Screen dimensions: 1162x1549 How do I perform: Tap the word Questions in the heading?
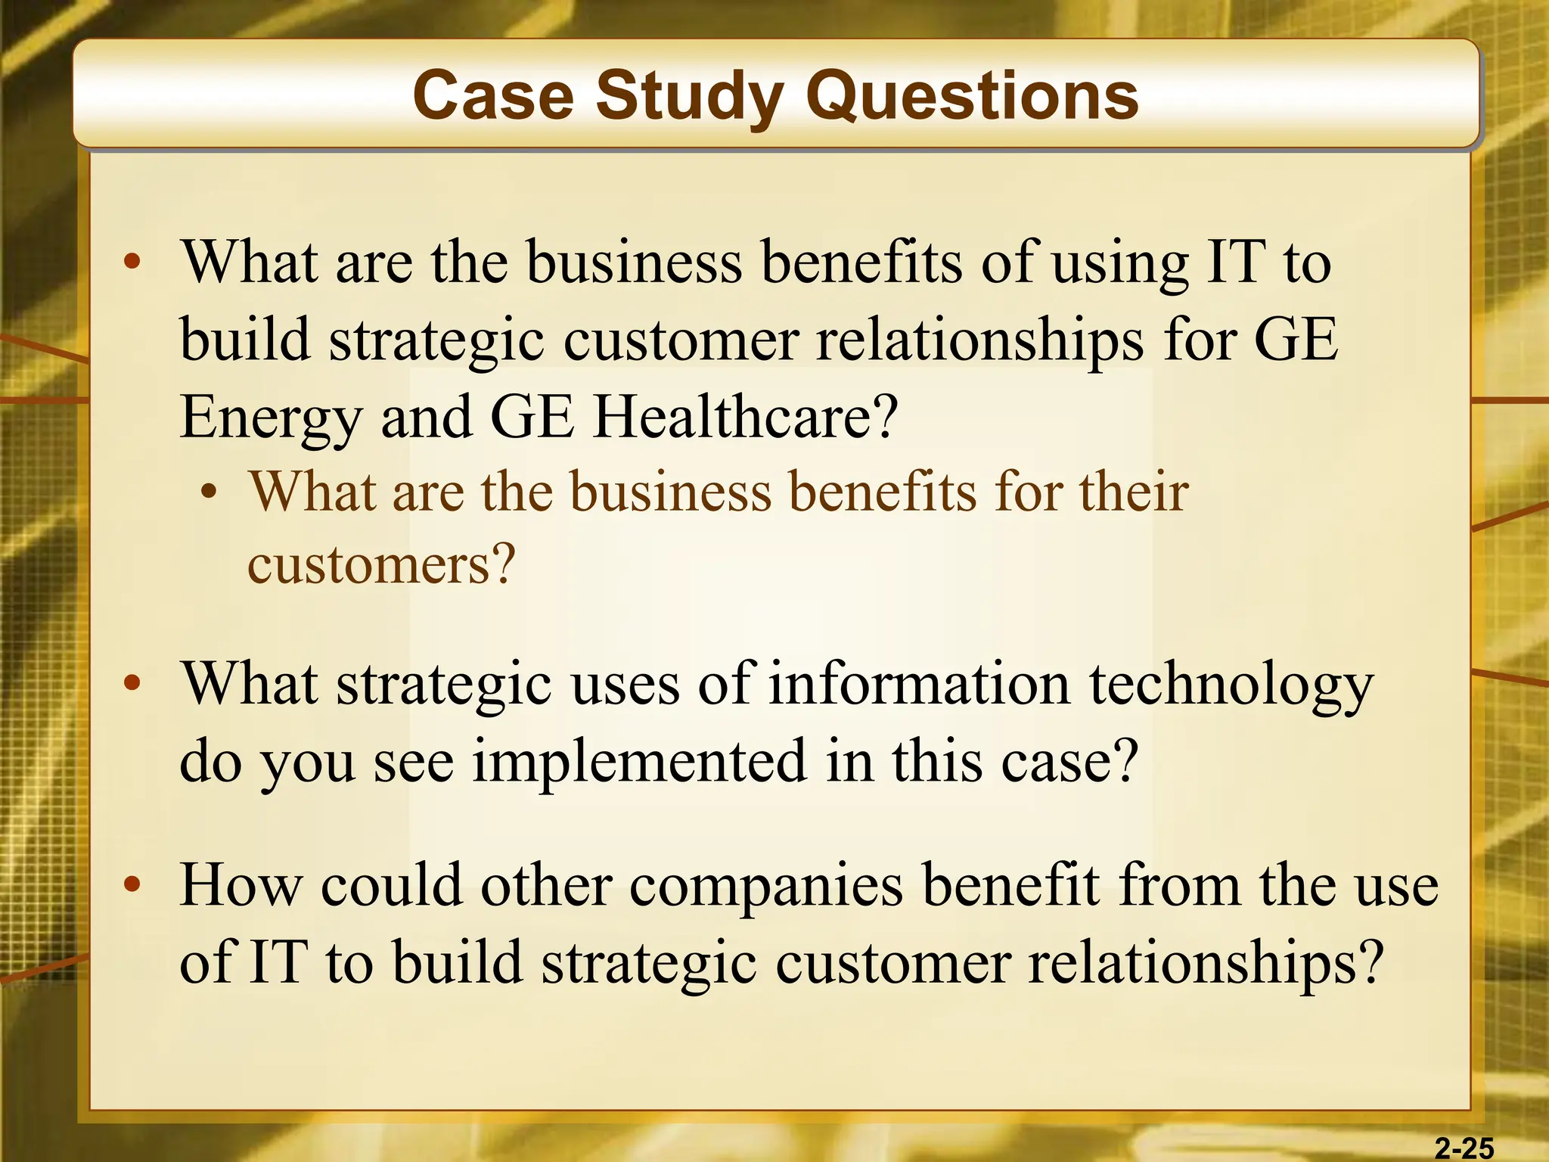[972, 97]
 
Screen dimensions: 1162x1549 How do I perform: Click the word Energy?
[271, 418]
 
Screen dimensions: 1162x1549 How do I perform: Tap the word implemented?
[640, 761]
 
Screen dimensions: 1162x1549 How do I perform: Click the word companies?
[766, 886]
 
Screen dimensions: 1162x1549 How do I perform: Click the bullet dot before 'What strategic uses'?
[133, 683]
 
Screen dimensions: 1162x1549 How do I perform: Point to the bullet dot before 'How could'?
[133, 884]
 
